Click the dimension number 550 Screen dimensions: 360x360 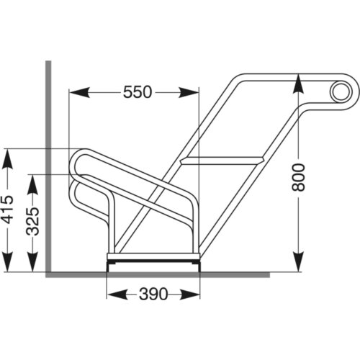point(138,92)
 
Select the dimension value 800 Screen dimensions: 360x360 point(300,176)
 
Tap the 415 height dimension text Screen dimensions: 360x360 point(8,210)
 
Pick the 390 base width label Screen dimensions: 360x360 point(153,294)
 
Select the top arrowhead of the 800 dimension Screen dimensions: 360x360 point(300,81)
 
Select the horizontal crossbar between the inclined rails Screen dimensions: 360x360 point(222,160)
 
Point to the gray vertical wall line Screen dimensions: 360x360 point(48,166)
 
